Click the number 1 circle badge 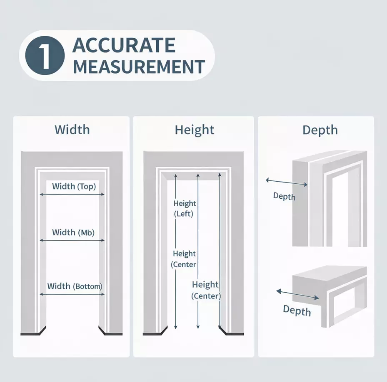click(45, 55)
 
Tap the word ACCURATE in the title click(124, 45)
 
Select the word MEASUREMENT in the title click(139, 67)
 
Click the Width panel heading click(72, 130)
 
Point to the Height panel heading click(195, 130)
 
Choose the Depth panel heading click(320, 130)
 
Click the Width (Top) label click(74, 186)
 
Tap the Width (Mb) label click(73, 232)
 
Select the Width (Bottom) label click(75, 286)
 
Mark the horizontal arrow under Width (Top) click(72, 194)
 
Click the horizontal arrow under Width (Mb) click(72, 240)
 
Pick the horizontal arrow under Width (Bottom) click(72, 294)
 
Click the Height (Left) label click(185, 209)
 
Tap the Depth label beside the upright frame click(284, 196)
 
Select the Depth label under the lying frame click(297, 311)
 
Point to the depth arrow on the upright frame click(287, 183)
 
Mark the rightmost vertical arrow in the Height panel click(220, 249)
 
